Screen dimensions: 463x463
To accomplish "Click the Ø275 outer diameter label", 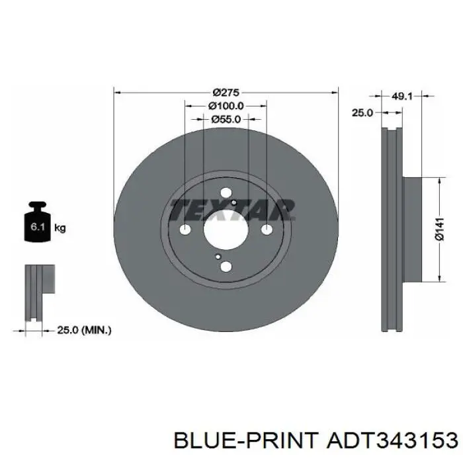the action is click(x=226, y=93).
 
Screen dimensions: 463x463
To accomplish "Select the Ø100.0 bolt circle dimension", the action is click(x=226, y=106).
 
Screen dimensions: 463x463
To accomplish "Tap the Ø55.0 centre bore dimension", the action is click(x=226, y=119).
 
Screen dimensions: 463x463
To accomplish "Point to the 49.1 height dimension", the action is click(x=401, y=96).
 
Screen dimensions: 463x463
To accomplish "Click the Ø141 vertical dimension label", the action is click(x=440, y=229).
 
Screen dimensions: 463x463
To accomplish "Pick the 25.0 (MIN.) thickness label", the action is click(x=84, y=330).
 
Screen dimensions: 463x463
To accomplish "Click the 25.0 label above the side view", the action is click(x=362, y=112).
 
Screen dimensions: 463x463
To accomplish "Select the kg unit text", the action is click(x=60, y=228).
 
